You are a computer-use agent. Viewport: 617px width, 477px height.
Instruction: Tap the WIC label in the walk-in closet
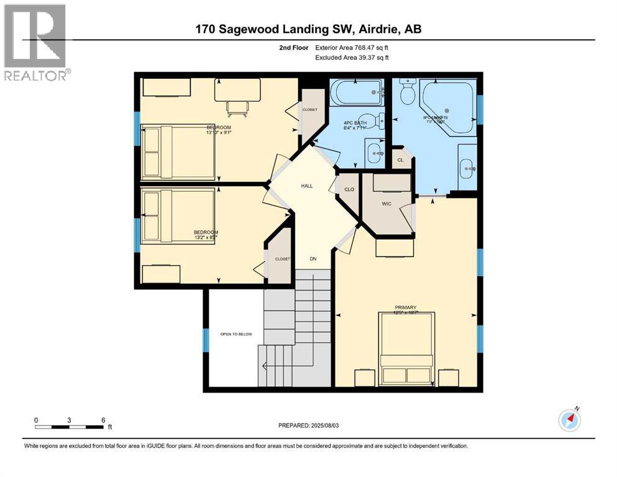pos(386,202)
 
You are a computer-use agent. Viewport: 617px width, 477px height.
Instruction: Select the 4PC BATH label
pos(355,123)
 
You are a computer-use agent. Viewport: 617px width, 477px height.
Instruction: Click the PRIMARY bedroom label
pos(404,307)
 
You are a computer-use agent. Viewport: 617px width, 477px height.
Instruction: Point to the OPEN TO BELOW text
pos(236,334)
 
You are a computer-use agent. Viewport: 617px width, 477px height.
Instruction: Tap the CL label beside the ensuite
pos(400,160)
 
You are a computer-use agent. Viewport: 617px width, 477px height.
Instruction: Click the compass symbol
pos(570,420)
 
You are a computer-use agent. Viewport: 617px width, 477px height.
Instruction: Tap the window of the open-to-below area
pos(206,340)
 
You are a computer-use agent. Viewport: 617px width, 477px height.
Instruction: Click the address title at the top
pos(308,29)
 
